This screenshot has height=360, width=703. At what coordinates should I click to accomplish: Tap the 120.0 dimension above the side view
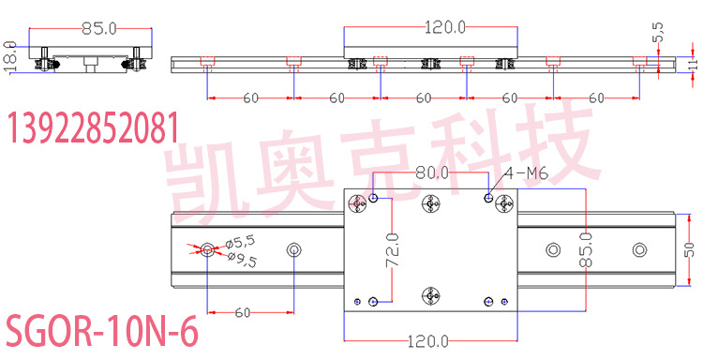446,28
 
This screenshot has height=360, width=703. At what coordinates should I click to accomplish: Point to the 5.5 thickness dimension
659,32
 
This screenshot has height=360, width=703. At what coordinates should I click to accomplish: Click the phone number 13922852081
93,127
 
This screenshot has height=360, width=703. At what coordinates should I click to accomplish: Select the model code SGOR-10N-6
102,333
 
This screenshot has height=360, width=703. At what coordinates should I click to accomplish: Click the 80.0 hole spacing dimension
432,173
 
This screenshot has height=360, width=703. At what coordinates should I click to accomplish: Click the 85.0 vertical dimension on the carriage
585,250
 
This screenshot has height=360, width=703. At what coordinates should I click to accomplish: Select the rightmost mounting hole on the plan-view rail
639,249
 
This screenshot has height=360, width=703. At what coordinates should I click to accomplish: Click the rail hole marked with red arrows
207,249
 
